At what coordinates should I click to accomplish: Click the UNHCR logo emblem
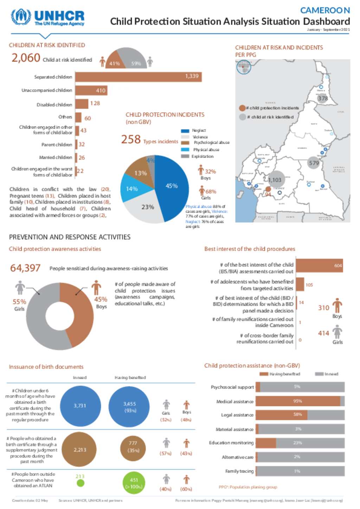point(21,17)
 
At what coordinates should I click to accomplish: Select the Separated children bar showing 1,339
point(138,77)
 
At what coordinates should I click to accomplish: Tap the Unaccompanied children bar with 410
point(91,91)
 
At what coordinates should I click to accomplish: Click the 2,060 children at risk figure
point(26,58)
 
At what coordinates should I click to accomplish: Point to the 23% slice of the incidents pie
point(146,209)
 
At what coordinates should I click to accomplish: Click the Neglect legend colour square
point(185,131)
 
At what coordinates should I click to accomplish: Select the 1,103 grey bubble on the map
point(275,180)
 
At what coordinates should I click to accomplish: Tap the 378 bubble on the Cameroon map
point(323,98)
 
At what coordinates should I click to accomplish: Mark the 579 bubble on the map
point(314,163)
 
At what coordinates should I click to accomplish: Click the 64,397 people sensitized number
point(25,268)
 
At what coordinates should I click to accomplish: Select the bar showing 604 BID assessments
point(319,266)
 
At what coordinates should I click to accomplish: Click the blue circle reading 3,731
point(80,406)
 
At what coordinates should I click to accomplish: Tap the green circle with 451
point(134,483)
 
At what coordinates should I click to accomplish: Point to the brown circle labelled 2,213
point(80,450)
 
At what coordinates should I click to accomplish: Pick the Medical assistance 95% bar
point(298,401)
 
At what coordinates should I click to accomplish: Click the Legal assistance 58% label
point(298,415)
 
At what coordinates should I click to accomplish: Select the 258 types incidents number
point(131,139)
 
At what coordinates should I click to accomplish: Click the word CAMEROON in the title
point(325,10)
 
